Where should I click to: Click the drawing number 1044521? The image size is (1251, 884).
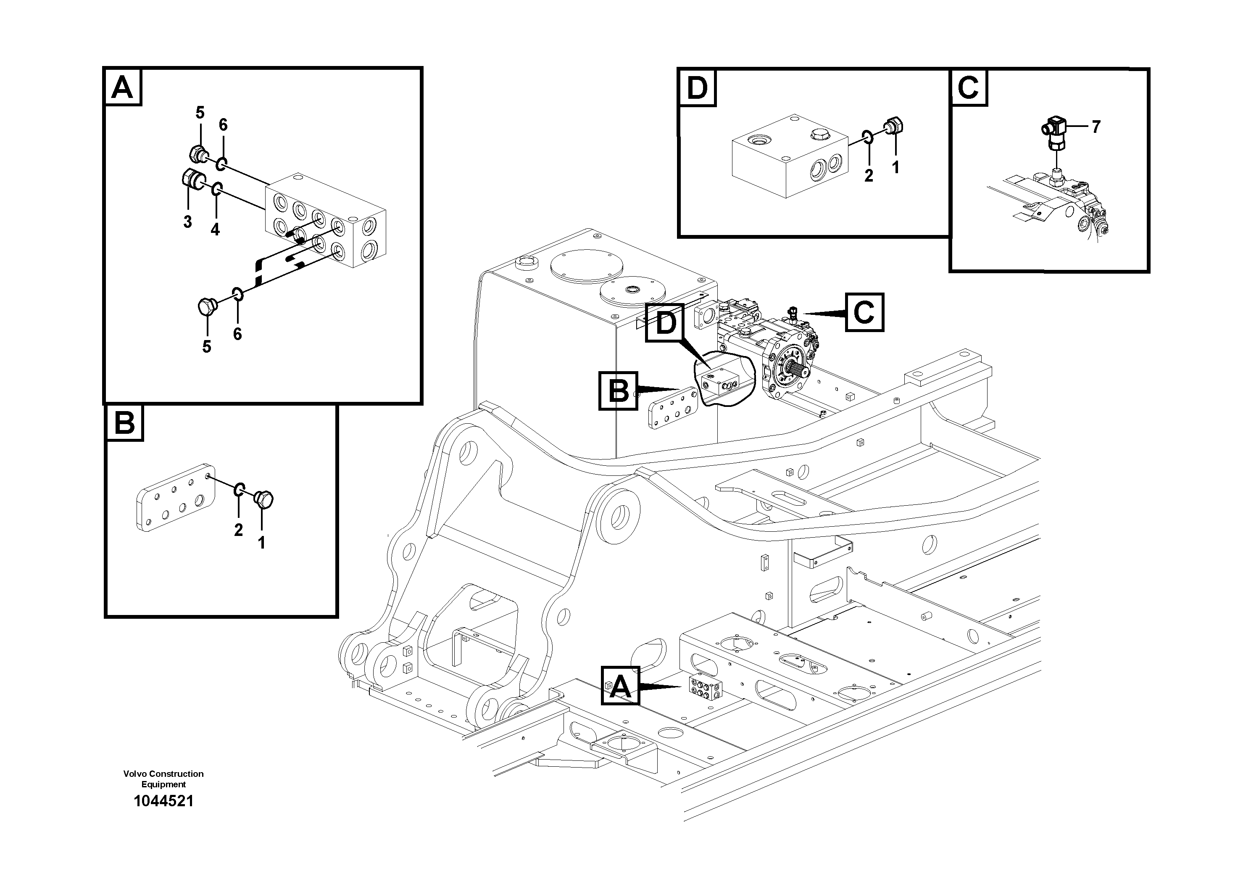[163, 801]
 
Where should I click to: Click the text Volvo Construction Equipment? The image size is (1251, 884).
[163, 779]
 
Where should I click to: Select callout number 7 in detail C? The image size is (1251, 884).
[1096, 127]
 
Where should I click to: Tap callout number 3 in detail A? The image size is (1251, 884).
[187, 222]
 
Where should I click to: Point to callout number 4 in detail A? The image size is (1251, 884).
[215, 230]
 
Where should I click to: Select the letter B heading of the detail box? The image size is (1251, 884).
[125, 422]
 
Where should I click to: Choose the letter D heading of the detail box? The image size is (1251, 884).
[697, 88]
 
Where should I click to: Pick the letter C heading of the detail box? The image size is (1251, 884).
[968, 87]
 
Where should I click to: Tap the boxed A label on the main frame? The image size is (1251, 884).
[621, 685]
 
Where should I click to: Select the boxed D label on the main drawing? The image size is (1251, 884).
[665, 323]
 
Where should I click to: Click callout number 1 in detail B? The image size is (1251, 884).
[261, 542]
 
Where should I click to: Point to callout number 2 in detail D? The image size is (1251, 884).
[869, 175]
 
